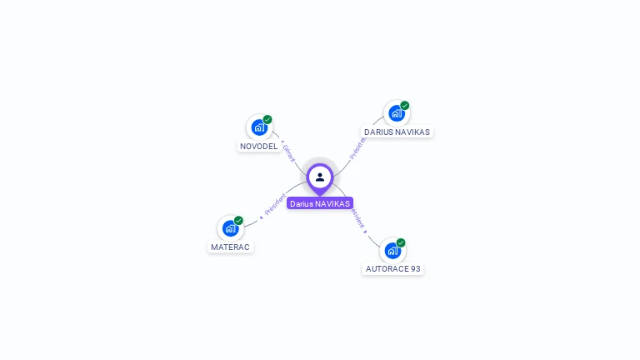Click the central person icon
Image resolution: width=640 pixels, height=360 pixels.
coord(320,177)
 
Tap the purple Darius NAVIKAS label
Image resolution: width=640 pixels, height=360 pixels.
coord(320,203)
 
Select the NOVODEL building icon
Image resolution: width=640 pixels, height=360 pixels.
coord(259,127)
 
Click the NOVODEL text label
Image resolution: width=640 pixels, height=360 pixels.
coord(259,147)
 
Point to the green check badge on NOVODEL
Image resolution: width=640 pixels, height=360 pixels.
coord(267,119)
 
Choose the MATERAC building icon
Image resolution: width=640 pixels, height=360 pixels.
coord(230,228)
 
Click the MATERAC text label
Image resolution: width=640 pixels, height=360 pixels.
coord(230,247)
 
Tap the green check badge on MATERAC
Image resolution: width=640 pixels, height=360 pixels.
coord(238,220)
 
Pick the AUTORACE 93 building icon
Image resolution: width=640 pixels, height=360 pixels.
coord(392,250)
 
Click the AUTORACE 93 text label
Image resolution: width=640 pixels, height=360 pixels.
coord(393,269)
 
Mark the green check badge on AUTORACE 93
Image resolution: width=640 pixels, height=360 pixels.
coord(401,242)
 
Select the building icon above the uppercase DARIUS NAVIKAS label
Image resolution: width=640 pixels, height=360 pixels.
coord(397,113)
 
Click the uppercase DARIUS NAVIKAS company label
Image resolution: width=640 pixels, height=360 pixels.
coord(397,132)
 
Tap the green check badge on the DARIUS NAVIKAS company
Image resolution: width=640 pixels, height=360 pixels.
coord(405,106)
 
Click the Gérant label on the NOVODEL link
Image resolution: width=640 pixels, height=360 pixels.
coord(288,152)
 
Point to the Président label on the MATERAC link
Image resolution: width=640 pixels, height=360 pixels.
coord(275,203)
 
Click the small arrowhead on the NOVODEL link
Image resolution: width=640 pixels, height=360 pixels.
coord(282,142)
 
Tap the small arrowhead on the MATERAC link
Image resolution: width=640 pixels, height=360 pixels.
coord(262,217)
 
